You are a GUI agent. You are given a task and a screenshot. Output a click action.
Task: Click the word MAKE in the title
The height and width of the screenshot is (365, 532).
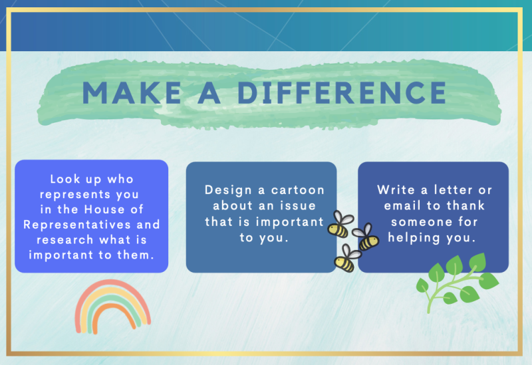pos(132,92)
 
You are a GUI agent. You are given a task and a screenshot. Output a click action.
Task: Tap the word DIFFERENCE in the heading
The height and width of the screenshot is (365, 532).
pos(342,92)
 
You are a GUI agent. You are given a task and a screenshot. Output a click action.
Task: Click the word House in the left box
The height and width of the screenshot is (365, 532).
pos(104,209)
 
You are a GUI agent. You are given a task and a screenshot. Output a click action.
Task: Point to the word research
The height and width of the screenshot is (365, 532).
pos(65,240)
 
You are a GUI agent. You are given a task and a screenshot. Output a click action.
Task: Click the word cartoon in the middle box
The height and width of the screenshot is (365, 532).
pos(298,190)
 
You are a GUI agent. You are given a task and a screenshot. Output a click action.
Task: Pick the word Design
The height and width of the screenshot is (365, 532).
pos(228,191)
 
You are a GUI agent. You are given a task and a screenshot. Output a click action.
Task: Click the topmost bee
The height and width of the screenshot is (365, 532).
pos(340,224)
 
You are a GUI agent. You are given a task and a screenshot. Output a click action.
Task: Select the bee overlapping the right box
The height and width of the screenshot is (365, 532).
pos(366,237)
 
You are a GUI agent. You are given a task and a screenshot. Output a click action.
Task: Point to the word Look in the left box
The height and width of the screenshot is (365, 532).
pos(65,179)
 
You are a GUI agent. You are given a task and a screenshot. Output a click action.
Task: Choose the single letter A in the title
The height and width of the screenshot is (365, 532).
pos(209,92)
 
